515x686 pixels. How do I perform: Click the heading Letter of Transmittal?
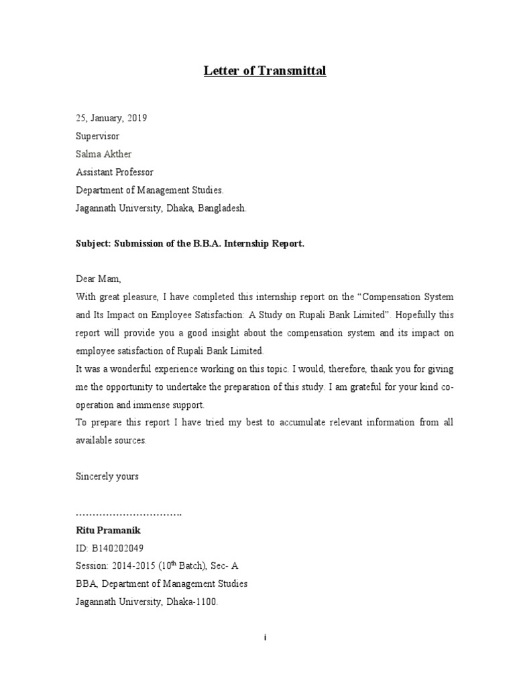265,71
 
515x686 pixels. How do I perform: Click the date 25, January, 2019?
111,118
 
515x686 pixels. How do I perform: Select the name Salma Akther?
105,154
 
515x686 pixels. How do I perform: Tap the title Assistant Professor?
114,172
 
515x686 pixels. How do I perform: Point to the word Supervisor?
97,136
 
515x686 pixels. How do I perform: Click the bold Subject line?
190,244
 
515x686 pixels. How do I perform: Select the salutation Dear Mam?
98,279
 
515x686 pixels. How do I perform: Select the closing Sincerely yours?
107,476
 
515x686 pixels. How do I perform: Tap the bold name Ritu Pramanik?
108,530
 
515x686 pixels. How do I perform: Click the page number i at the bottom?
266,638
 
